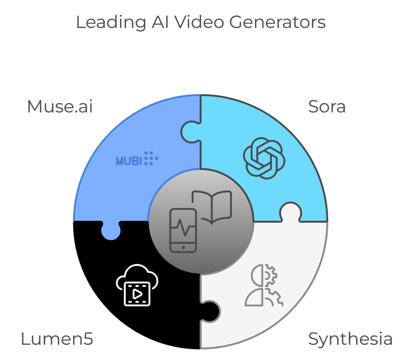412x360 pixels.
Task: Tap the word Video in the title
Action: [x=200, y=22]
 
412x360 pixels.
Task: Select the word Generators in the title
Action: [x=278, y=22]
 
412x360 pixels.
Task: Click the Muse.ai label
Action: [x=60, y=107]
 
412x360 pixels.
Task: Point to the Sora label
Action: [x=327, y=107]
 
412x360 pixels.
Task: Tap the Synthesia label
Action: [x=350, y=339]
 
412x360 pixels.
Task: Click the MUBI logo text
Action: [x=129, y=161]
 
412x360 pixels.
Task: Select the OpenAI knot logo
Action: [x=264, y=158]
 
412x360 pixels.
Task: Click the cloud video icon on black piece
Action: [x=137, y=285]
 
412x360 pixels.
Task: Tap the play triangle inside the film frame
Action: [x=137, y=294]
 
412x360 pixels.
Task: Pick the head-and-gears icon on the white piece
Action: [x=264, y=285]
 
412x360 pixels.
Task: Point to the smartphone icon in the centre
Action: [x=183, y=230]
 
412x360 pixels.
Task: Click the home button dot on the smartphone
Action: [x=183, y=247]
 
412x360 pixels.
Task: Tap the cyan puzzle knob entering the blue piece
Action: [x=190, y=132]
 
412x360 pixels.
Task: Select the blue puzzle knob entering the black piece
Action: [x=111, y=231]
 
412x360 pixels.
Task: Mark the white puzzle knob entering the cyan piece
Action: [x=290, y=212]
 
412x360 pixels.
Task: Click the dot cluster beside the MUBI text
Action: [x=151, y=158]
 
